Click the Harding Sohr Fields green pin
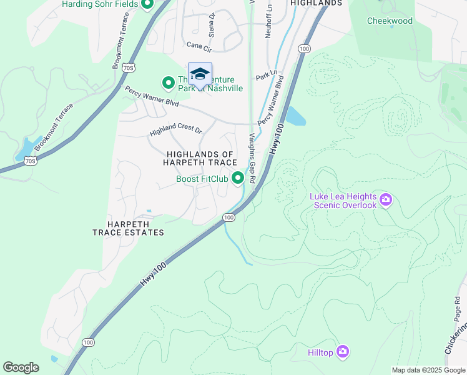[147, 6]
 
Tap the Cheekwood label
[390, 21]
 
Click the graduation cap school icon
[200, 74]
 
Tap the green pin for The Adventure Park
[168, 82]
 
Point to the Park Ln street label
[266, 76]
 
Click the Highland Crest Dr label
[176, 132]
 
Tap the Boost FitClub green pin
[238, 179]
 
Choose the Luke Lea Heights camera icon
[386, 200]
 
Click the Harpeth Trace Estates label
[128, 227]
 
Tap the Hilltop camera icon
[342, 352]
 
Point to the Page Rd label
[457, 309]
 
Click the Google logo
[21, 367]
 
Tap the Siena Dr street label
[212, 23]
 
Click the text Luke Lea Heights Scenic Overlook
[343, 201]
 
